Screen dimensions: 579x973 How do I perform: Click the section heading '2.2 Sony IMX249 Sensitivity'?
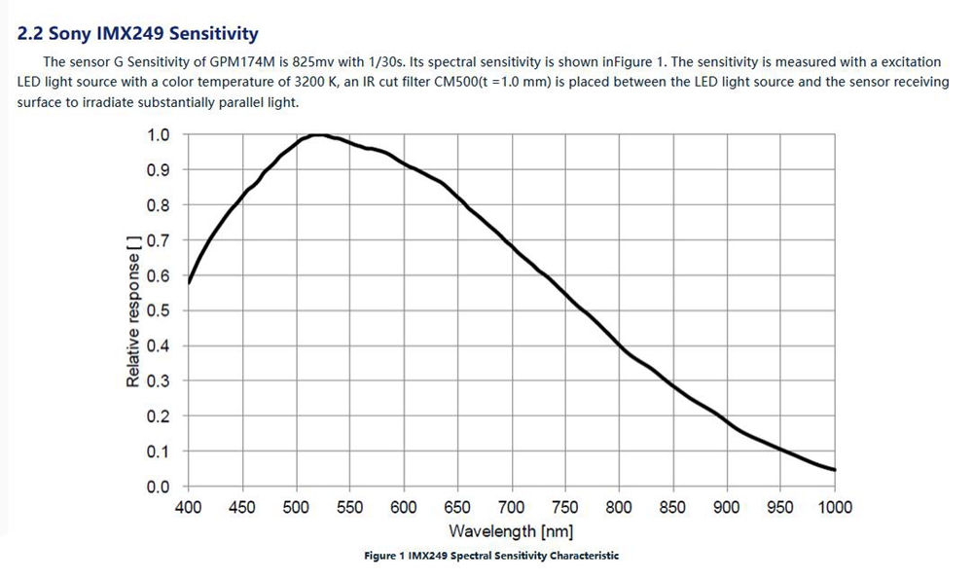pos(138,34)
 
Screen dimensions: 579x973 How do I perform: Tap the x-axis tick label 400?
pos(188,507)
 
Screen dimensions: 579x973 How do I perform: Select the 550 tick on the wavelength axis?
pos(349,507)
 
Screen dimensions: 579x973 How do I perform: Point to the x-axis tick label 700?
pos(511,507)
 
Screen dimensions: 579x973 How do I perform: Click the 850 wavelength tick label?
pos(672,507)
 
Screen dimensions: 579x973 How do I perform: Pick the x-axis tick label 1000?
pos(834,507)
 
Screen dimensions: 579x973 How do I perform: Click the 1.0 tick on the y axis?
pos(158,134)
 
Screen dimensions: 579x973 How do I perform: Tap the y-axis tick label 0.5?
pos(158,310)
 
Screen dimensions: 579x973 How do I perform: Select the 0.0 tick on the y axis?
pos(158,487)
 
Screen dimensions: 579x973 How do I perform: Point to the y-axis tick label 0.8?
pos(158,205)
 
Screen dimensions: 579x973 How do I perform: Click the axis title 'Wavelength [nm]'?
pos(511,531)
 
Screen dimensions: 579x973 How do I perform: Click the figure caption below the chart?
pos(491,556)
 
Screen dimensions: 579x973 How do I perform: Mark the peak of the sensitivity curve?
pos(317,135)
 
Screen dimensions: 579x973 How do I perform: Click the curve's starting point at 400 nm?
pos(189,282)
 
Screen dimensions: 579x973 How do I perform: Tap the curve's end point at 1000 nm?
pos(834,470)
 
